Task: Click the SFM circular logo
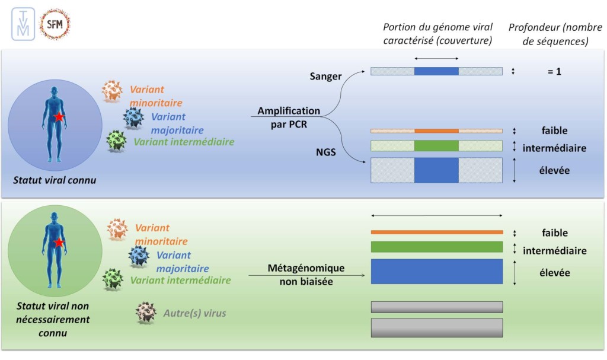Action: (x=55, y=25)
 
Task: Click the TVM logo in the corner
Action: (x=23, y=25)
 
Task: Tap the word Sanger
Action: (x=326, y=77)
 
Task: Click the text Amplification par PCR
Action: (x=289, y=116)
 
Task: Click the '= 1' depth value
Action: (x=554, y=71)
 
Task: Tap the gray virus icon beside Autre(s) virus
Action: (x=146, y=313)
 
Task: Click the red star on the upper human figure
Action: (x=58, y=117)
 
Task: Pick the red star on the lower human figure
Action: (x=58, y=243)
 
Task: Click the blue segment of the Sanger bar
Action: (x=436, y=71)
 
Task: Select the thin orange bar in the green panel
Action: (x=437, y=232)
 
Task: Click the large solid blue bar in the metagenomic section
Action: (x=437, y=272)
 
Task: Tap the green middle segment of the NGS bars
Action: (x=436, y=146)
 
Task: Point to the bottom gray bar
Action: (x=437, y=327)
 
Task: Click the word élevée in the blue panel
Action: (x=554, y=170)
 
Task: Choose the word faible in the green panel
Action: (x=554, y=233)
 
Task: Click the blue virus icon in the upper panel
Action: (x=133, y=118)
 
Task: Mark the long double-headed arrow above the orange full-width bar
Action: (x=437, y=216)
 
